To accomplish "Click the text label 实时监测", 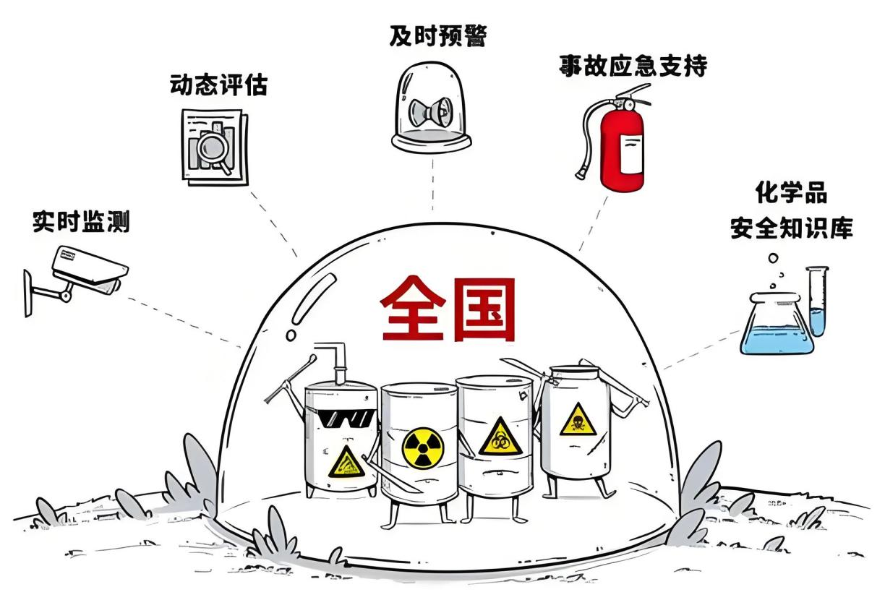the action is [x=81, y=223].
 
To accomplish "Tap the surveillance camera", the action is [x=79, y=277].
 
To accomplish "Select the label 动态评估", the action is [x=219, y=85].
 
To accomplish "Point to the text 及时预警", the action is [x=438, y=36].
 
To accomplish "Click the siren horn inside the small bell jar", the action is [x=431, y=111].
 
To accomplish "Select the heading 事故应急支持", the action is [x=633, y=66].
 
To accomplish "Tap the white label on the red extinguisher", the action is [x=631, y=154].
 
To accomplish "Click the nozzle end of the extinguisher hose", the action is [x=581, y=173].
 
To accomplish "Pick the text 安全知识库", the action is [x=791, y=228].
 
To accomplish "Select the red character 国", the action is [x=484, y=309].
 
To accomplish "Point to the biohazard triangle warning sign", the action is [x=501, y=437].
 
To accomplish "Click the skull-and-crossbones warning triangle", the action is [x=578, y=419].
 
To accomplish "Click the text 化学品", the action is [x=791, y=193].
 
